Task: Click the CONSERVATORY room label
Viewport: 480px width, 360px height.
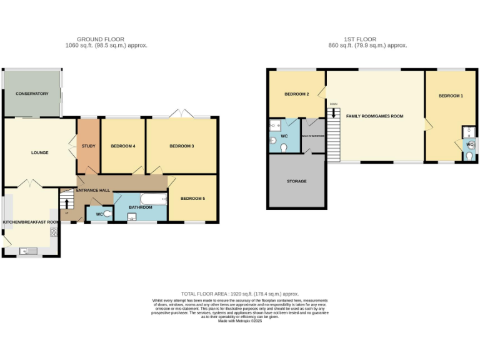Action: click(x=32, y=94)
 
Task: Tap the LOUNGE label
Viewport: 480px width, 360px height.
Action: click(x=40, y=152)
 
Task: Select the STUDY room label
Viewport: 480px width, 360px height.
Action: click(x=87, y=146)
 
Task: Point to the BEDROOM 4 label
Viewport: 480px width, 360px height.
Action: click(x=122, y=146)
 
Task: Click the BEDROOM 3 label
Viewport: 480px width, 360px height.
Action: click(x=181, y=146)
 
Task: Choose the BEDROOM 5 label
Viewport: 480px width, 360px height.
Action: click(x=192, y=199)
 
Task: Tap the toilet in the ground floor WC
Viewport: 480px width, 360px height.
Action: click(x=107, y=214)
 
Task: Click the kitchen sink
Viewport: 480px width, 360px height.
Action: click(x=27, y=251)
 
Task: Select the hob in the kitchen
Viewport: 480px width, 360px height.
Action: click(x=54, y=232)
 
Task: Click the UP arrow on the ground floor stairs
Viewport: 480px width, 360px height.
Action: click(x=67, y=204)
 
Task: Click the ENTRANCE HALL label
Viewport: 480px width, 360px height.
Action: click(x=93, y=189)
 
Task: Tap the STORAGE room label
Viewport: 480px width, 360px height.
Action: click(x=296, y=181)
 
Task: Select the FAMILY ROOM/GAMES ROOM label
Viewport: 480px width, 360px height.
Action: click(x=374, y=116)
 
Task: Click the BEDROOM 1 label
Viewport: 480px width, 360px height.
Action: click(x=450, y=96)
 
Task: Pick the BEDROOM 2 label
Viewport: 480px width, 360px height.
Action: click(x=297, y=94)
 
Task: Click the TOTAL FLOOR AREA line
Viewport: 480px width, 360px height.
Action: click(x=239, y=294)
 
